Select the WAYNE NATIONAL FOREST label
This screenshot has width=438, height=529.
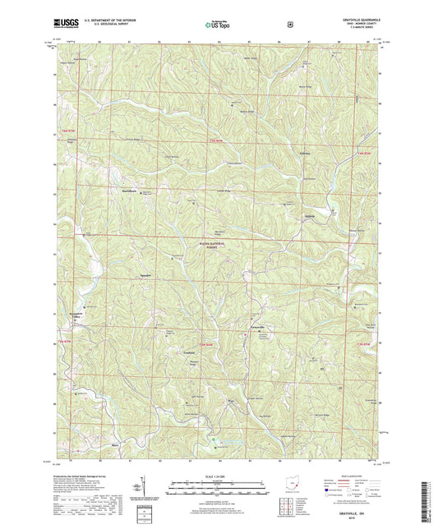[218, 245]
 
